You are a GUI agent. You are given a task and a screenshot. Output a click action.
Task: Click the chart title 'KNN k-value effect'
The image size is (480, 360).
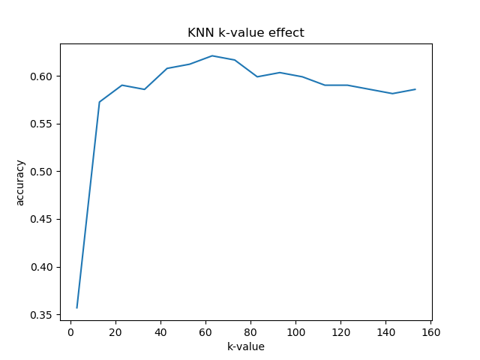click(245, 33)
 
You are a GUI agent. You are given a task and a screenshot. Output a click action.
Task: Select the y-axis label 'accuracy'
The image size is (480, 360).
click(20, 182)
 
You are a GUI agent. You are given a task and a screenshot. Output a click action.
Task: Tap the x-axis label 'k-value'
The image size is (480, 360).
click(245, 346)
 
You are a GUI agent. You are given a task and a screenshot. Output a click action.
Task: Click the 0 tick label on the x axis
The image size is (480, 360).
click(70, 331)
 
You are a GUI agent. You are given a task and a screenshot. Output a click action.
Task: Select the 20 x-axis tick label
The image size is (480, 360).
click(115, 331)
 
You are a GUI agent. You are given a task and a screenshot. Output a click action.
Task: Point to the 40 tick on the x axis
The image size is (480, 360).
click(160, 331)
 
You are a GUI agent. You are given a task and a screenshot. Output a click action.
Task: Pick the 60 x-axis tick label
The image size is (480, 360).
click(205, 331)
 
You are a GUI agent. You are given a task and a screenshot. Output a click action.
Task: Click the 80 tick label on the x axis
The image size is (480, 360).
click(250, 331)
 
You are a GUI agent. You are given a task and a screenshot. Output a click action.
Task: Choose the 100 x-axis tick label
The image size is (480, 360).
click(295, 331)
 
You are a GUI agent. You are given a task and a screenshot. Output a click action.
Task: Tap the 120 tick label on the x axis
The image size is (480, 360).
click(340, 331)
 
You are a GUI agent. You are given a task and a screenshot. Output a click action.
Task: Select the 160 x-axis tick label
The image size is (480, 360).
click(431, 331)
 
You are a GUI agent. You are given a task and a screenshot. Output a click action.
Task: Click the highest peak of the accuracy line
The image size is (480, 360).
click(212, 55)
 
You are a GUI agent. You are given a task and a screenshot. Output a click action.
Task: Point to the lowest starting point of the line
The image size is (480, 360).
click(77, 307)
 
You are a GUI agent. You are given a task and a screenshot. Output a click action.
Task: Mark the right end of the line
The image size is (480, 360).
click(415, 89)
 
